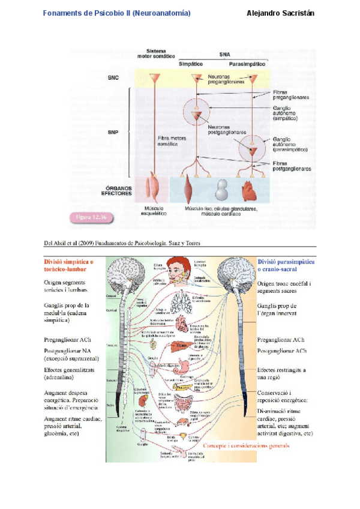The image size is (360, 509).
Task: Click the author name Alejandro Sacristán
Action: pos(281,13)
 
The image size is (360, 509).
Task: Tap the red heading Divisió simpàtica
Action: pos(68,266)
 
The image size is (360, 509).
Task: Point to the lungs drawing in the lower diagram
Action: pos(181,303)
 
